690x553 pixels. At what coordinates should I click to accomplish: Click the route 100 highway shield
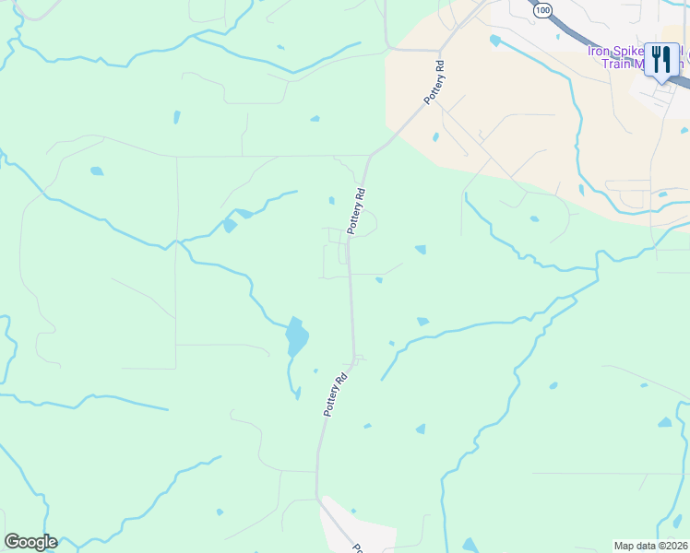543,9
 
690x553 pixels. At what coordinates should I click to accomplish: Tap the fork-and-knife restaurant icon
661,60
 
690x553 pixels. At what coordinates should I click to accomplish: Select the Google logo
30,542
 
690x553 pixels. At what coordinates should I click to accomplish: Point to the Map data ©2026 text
651,546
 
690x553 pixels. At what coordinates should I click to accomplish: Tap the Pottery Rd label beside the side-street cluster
358,210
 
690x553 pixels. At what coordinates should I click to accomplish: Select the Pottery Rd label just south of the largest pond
336,394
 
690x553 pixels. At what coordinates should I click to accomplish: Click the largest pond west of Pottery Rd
296,337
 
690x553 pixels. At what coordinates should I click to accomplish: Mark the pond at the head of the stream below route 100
495,41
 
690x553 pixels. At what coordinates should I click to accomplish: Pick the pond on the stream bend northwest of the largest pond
230,225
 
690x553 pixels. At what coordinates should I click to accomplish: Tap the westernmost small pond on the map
96,171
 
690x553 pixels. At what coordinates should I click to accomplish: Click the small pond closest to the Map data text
678,522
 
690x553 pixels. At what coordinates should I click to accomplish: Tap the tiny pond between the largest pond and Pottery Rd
315,371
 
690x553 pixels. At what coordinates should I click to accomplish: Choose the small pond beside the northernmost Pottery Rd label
434,137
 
